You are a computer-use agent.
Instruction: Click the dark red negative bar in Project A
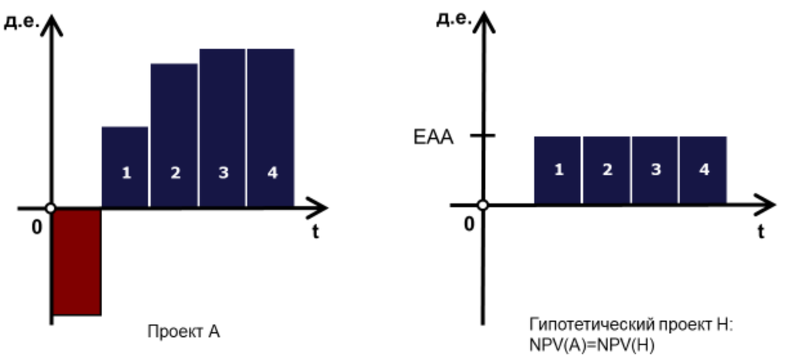point(77,262)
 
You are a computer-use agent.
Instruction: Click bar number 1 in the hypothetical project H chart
point(558,170)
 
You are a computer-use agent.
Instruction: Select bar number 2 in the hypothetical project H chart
point(606,170)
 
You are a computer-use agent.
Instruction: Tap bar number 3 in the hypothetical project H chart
point(655,170)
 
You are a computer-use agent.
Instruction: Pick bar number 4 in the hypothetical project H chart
point(703,170)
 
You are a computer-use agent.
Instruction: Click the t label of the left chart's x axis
point(315,233)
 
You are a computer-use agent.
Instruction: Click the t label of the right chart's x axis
point(760,230)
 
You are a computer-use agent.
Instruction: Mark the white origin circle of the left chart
point(51,208)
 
